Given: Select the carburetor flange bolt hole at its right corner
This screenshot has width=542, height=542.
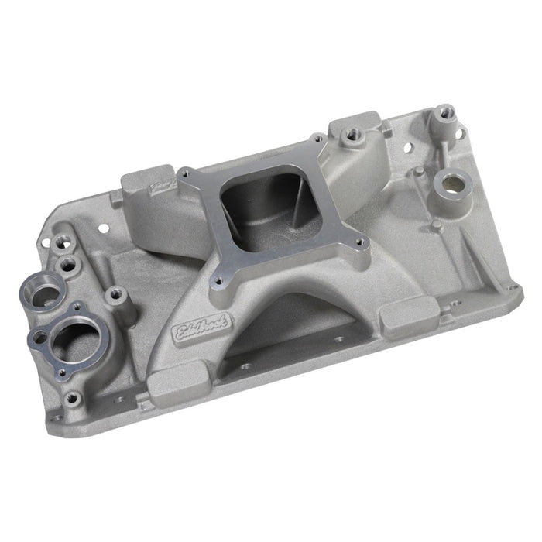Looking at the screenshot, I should [x=359, y=242].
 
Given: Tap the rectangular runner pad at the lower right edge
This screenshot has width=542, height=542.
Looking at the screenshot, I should [x=401, y=316].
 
